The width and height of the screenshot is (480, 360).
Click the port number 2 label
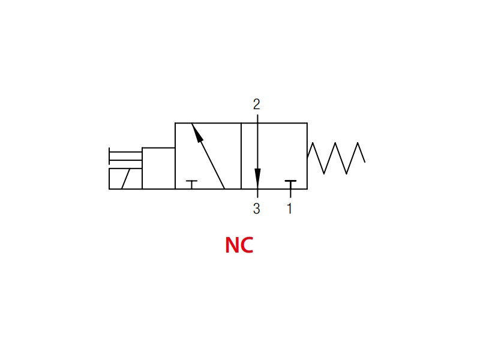[x=257, y=104]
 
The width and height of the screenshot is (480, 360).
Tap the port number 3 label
[x=257, y=208]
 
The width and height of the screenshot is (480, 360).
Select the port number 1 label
[x=290, y=208]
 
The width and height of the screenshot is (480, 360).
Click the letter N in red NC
[x=232, y=245]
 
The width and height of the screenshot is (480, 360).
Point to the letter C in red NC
[x=247, y=245]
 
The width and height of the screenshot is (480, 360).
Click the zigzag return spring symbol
[x=336, y=158]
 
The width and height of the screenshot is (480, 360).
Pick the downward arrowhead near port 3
[x=258, y=179]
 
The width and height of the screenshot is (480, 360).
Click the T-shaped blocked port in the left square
[x=191, y=185]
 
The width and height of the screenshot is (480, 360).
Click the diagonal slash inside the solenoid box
[x=126, y=179]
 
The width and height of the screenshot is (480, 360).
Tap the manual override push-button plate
[x=109, y=156]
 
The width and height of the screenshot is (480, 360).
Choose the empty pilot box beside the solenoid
[x=158, y=169]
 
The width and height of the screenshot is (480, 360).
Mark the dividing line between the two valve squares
[x=241, y=156]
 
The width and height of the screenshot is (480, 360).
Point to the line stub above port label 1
[x=290, y=193]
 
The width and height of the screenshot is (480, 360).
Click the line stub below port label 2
[x=258, y=119]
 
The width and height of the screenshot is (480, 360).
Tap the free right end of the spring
[x=365, y=162]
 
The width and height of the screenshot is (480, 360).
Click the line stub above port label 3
[x=258, y=193]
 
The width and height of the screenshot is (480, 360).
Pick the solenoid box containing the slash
[x=125, y=179]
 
